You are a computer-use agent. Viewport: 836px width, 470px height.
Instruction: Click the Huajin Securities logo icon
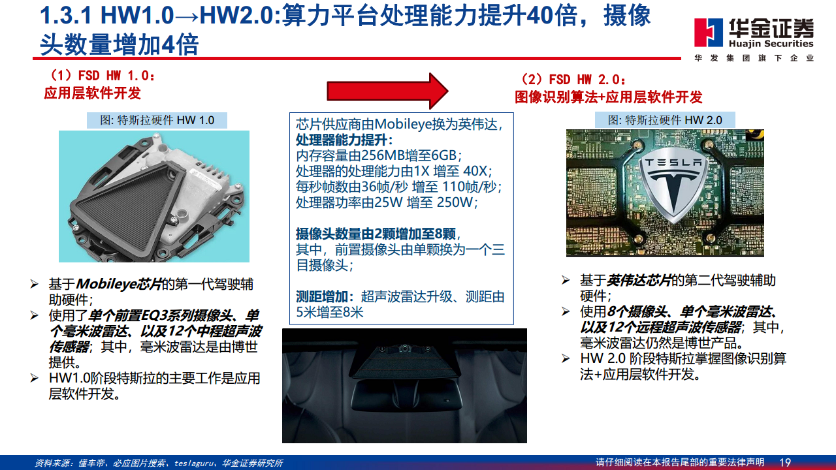707,33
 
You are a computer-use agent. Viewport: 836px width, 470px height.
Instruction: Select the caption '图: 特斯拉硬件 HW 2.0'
665,120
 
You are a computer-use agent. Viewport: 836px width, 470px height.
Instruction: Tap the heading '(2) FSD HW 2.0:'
573,80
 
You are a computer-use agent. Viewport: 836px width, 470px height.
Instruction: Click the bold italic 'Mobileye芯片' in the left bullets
118,284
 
